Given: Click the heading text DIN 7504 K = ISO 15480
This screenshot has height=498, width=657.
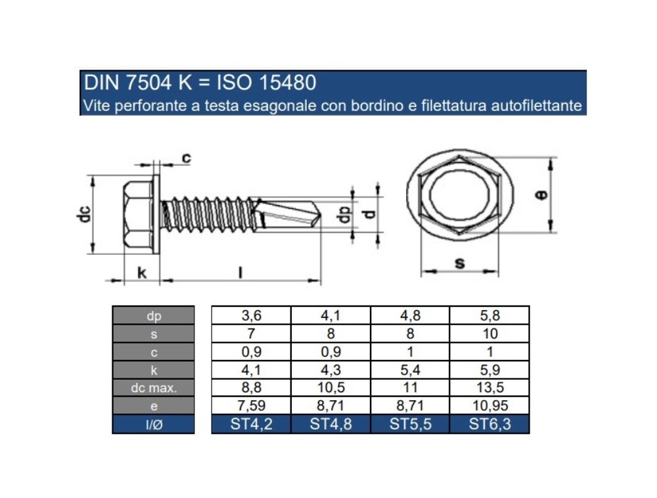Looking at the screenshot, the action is click(x=200, y=83).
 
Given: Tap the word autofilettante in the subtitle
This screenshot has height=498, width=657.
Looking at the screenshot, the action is click(x=537, y=105).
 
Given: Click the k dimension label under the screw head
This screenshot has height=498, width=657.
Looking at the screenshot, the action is click(x=141, y=272).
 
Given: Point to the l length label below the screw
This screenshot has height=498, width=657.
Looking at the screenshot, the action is click(x=240, y=272).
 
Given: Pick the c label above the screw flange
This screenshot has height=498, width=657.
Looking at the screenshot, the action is click(x=186, y=158).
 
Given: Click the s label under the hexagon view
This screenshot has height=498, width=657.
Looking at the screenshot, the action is click(x=459, y=263).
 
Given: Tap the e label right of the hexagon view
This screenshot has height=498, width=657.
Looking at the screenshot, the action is click(x=541, y=195).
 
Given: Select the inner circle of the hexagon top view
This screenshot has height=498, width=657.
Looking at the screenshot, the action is click(x=459, y=195).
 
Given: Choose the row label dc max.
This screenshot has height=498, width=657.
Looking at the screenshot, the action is click(x=154, y=388).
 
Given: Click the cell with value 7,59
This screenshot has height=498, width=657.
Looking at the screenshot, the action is click(x=251, y=406).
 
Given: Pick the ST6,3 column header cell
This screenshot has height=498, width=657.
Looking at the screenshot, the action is click(x=489, y=424).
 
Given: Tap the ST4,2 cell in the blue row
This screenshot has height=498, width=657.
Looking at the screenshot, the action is click(x=251, y=424).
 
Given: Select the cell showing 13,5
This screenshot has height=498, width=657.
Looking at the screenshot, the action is click(x=489, y=388).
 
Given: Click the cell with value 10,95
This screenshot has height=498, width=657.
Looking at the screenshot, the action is click(x=489, y=406).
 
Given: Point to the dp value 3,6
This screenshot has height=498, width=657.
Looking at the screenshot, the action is click(x=251, y=315).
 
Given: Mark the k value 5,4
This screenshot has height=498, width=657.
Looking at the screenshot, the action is click(x=410, y=370).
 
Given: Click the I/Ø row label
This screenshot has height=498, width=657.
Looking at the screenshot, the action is click(x=154, y=424).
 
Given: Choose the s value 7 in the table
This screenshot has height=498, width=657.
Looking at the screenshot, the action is click(x=251, y=334).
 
